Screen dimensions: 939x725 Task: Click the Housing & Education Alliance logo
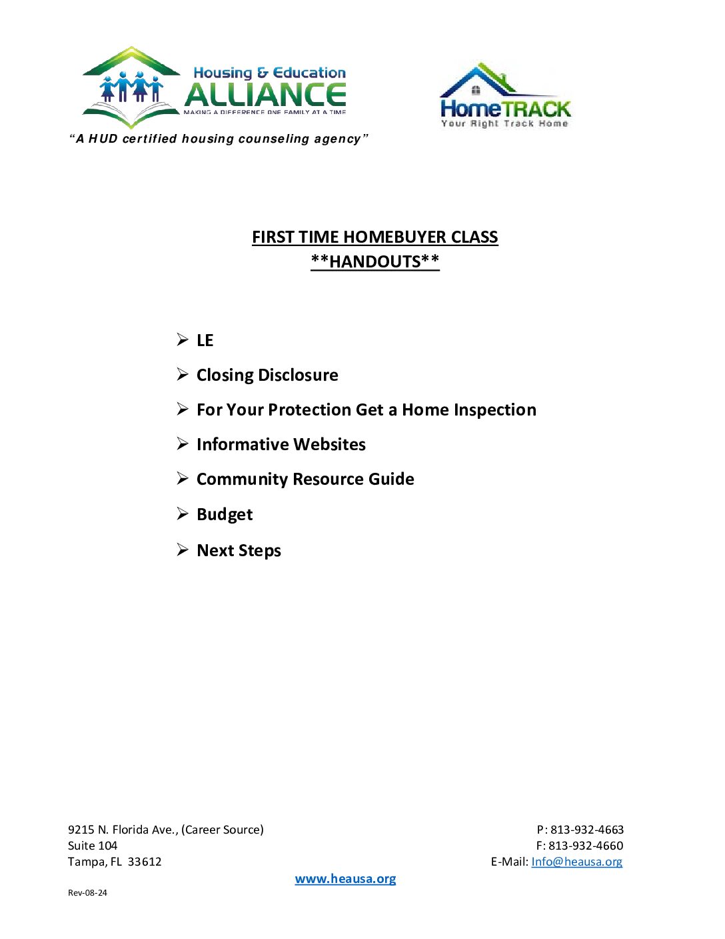214,87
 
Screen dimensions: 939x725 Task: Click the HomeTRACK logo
505,95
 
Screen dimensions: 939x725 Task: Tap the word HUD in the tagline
103,139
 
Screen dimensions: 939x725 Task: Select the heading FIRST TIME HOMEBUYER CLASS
374,237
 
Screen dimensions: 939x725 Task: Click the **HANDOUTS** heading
374,261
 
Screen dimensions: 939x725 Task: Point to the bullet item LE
205,341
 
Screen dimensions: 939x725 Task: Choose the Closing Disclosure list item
267,375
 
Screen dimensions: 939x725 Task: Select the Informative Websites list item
281,444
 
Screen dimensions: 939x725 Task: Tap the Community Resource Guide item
305,479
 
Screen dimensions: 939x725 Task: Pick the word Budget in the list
225,514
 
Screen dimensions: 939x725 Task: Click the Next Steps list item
239,550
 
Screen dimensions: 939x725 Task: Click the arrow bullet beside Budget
183,514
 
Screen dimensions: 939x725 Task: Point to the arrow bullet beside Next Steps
183,550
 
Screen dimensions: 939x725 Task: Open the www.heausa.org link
345,879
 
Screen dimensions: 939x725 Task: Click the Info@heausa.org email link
576,862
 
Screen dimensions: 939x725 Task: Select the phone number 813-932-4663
586,830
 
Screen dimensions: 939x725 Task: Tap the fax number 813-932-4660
586,846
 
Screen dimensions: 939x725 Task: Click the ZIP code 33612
145,862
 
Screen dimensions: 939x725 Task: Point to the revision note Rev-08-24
87,893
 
